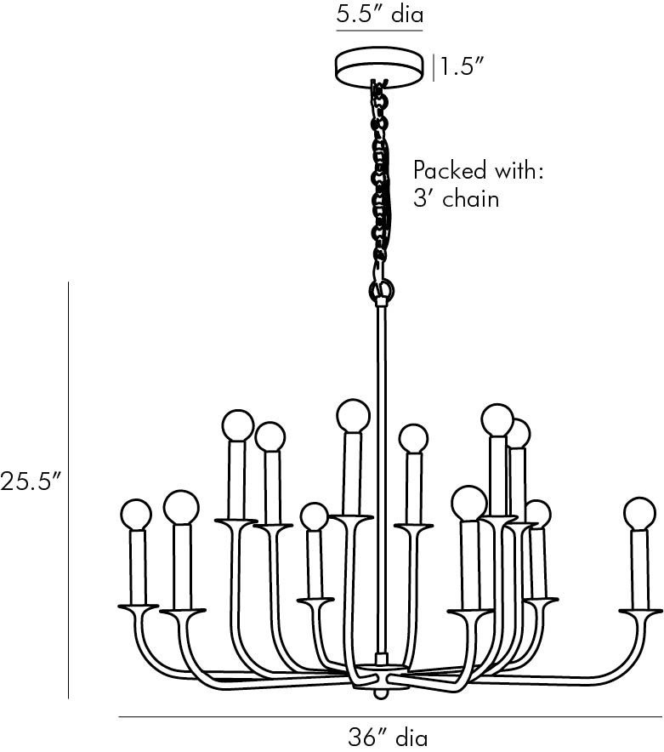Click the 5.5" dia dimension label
click(x=380, y=14)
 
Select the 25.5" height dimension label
click(x=32, y=481)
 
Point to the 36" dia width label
click(x=388, y=737)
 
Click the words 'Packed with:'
click(x=479, y=170)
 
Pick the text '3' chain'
click(x=456, y=198)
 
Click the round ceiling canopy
click(x=379, y=67)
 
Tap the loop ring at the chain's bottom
click(x=382, y=290)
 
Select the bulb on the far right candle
click(x=639, y=513)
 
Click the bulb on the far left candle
click(x=136, y=515)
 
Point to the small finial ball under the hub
click(x=381, y=693)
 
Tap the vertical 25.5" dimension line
click(x=68, y=490)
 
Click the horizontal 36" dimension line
click(x=390, y=717)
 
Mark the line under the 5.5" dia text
click(x=379, y=31)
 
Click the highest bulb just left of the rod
click(x=354, y=415)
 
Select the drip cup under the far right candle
click(x=640, y=612)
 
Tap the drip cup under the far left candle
click(x=138, y=607)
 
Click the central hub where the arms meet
click(x=381, y=676)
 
